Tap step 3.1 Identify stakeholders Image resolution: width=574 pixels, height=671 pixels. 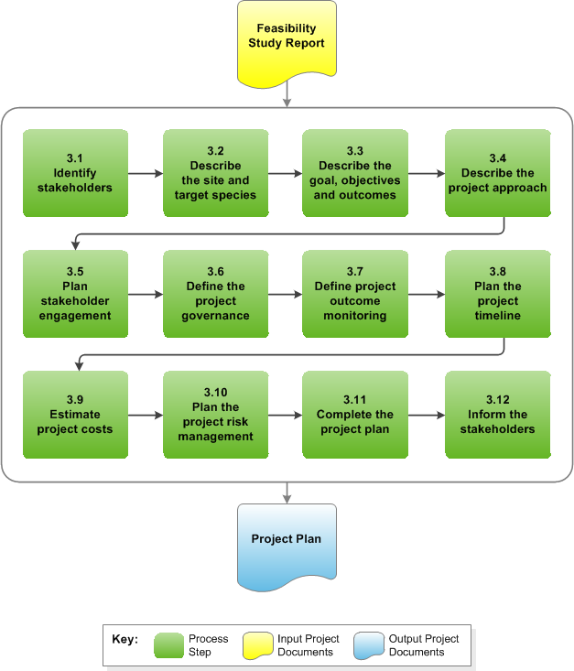(75, 173)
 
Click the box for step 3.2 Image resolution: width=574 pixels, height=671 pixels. (216, 173)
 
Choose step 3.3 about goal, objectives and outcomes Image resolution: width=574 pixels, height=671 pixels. (355, 173)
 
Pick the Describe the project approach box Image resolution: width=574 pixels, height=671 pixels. (497, 173)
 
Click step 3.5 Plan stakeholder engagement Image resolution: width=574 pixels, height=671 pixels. (75, 294)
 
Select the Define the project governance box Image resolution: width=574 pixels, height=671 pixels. (216, 294)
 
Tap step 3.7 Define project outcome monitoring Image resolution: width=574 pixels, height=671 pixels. (355, 294)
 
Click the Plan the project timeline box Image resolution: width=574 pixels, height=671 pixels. (497, 294)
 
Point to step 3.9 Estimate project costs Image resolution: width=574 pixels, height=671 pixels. (75, 415)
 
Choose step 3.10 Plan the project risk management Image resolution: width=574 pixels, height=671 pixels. (216, 415)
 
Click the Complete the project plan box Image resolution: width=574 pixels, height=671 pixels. (355, 415)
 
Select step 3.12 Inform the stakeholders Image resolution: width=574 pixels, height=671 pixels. (497, 415)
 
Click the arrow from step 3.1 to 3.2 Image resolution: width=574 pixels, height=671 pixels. (145, 173)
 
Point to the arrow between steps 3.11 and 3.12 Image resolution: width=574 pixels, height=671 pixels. (426, 415)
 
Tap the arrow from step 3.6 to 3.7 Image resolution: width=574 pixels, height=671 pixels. (285, 294)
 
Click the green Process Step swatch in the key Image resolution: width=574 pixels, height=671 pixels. (168, 644)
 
